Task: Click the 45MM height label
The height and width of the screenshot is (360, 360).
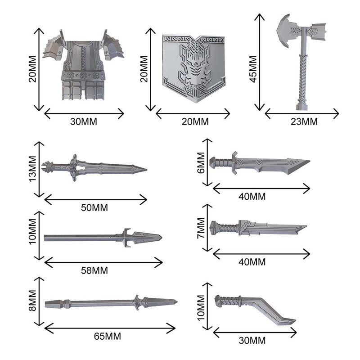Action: point(253,69)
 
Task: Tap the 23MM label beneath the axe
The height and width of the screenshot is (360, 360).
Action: point(304,121)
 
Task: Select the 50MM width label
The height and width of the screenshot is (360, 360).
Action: point(94,207)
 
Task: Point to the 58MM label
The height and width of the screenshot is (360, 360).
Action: point(94,270)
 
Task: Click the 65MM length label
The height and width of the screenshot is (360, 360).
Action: point(107,336)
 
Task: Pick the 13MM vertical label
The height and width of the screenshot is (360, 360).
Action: point(32,169)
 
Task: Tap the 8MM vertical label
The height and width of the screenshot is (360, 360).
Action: point(32,301)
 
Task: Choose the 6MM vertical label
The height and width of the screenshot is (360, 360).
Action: point(201,162)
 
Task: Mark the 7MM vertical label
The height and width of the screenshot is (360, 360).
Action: point(201,228)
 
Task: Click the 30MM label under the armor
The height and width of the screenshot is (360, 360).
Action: point(84,121)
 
